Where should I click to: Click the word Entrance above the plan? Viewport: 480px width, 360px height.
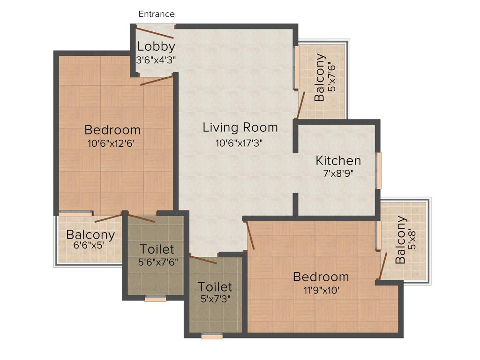tap(157, 14)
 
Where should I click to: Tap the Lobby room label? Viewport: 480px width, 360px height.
tap(156, 46)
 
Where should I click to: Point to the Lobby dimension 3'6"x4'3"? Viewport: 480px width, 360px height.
tap(156, 60)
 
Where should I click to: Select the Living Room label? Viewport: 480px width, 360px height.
tap(240, 127)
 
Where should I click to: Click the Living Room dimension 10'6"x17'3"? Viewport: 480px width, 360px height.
tap(240, 143)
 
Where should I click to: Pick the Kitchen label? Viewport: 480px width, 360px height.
tap(338, 161)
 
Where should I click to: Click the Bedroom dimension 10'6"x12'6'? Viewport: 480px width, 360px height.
tap(112, 144)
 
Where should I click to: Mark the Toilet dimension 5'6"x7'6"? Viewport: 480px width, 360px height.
tap(157, 262)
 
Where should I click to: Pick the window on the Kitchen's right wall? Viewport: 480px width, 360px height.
tap(379, 170)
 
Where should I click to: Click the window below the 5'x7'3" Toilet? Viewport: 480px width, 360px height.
tap(212, 336)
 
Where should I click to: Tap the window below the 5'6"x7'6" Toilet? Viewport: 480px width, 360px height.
tap(155, 298)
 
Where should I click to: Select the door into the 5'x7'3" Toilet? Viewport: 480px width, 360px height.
tap(203, 259)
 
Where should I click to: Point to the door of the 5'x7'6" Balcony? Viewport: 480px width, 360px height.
tap(301, 105)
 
